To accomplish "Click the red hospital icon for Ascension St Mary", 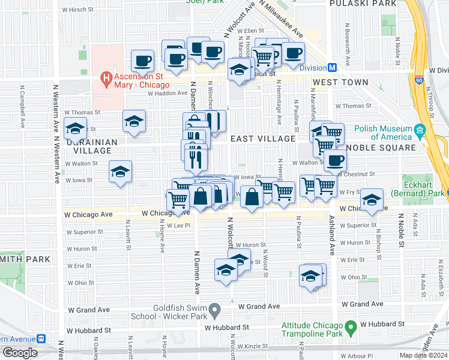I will coord(106,77).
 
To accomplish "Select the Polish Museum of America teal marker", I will coord(420,130).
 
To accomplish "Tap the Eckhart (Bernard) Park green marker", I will coord(444,194).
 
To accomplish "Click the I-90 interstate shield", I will coord(418,79).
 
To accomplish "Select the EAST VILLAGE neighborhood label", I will coord(263,139).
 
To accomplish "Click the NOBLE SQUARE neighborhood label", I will coord(381,148).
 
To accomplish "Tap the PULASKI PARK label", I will coord(363,4).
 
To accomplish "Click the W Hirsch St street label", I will coord(80,10).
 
